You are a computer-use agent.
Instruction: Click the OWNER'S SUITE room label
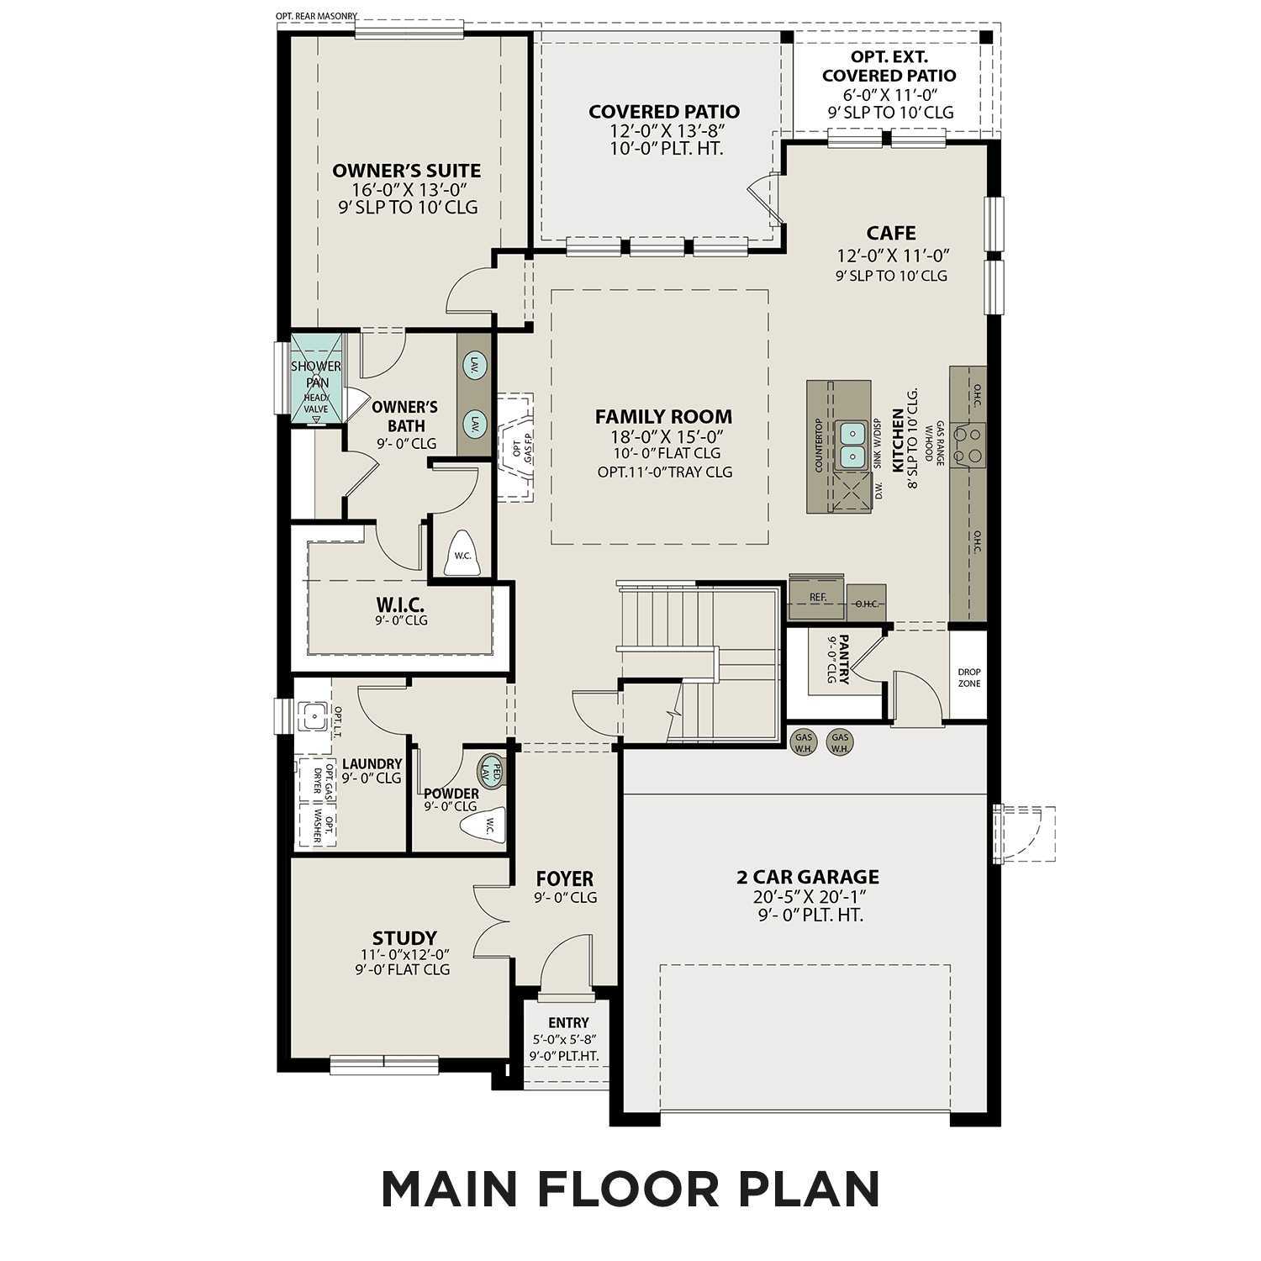pos(407,171)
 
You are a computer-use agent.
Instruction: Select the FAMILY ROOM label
pos(663,416)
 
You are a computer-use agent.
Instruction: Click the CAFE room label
pos(891,233)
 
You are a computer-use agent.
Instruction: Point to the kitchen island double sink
pos(852,445)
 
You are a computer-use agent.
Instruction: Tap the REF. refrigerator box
pos(817,597)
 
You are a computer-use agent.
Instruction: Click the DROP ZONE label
pos(968,678)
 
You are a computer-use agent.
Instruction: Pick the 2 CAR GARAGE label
pos(808,877)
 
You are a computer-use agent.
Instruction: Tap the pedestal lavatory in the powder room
pos(492,770)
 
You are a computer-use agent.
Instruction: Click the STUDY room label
pos(404,937)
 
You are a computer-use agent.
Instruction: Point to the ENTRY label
pos(568,1022)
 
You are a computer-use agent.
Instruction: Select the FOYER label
pos(565,879)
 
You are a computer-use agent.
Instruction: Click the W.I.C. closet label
pos(400,604)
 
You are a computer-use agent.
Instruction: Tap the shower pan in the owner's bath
pos(316,379)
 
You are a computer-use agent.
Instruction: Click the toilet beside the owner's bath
pos(462,554)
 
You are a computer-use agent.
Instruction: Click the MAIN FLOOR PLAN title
pos(630,1189)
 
